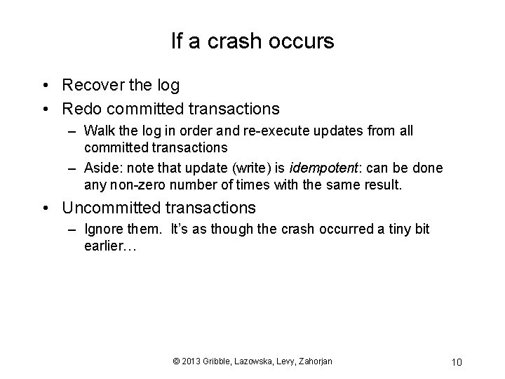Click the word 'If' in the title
coord(177,41)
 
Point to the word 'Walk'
coord(99,131)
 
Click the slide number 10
coord(456,361)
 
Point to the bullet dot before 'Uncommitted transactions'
coord(45,208)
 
